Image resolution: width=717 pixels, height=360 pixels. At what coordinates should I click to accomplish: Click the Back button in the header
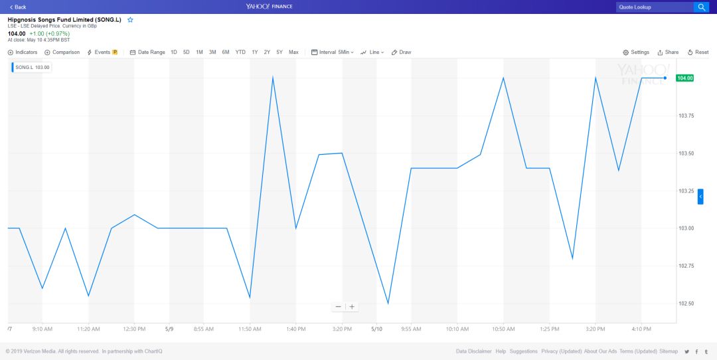(18, 7)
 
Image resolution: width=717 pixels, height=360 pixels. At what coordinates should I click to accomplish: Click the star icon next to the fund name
(130, 20)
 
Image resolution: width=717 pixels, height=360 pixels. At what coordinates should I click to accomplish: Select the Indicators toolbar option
(23, 52)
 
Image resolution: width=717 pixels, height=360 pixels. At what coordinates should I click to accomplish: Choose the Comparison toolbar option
(62, 52)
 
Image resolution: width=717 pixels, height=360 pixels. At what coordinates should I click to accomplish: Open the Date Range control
(147, 52)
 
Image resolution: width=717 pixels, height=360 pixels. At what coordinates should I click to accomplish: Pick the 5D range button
(187, 52)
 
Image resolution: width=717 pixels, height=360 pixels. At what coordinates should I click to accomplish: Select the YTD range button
(240, 52)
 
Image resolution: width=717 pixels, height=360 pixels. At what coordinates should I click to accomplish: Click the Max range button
(293, 52)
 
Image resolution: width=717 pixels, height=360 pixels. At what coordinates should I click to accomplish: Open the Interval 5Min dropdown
(333, 52)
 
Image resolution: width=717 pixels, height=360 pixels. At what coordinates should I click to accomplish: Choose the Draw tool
(402, 52)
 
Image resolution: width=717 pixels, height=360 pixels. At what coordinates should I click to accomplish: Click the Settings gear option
(636, 52)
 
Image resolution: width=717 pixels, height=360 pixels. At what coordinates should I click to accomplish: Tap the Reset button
(698, 52)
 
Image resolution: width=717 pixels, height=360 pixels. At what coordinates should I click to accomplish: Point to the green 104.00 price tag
(684, 78)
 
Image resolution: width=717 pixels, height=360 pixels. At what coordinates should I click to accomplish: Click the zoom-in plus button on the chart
(352, 307)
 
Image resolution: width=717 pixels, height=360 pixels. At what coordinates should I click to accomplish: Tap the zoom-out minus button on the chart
(338, 307)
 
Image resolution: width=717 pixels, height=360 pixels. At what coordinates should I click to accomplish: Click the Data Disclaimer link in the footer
(474, 351)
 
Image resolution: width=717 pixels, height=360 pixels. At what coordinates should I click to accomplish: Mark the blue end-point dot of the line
(665, 78)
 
